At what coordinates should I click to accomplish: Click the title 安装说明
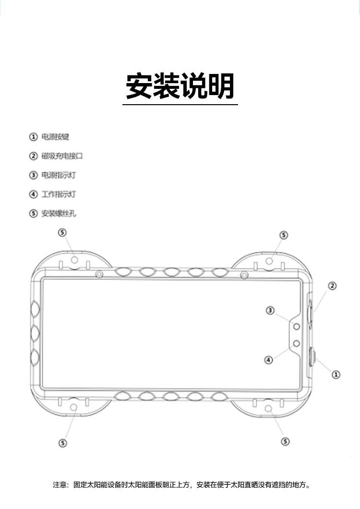pyautogui.click(x=180, y=86)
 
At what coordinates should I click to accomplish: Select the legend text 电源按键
pyautogui.click(x=55, y=137)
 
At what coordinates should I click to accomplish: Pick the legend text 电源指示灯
pyautogui.click(x=59, y=175)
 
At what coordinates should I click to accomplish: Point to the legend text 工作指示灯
pyautogui.click(x=59, y=194)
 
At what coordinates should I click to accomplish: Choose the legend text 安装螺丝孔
pyautogui.click(x=59, y=214)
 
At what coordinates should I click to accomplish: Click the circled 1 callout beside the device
pyautogui.click(x=336, y=374)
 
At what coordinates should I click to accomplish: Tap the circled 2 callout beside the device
pyautogui.click(x=332, y=286)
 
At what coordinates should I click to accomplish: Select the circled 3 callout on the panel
pyautogui.click(x=270, y=311)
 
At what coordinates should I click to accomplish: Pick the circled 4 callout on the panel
pyautogui.click(x=269, y=359)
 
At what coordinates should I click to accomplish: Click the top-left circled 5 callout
pyautogui.click(x=62, y=232)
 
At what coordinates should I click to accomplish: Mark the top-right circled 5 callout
pyautogui.click(x=284, y=235)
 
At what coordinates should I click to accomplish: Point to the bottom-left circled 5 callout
pyautogui.click(x=62, y=443)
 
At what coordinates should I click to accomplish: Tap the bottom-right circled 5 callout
pyautogui.click(x=285, y=441)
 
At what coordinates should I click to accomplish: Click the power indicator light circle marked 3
pyautogui.click(x=297, y=326)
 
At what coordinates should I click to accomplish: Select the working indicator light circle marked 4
pyautogui.click(x=297, y=343)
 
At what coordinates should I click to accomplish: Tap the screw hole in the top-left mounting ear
pyautogui.click(x=74, y=260)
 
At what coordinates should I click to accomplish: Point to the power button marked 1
pyautogui.click(x=312, y=358)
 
